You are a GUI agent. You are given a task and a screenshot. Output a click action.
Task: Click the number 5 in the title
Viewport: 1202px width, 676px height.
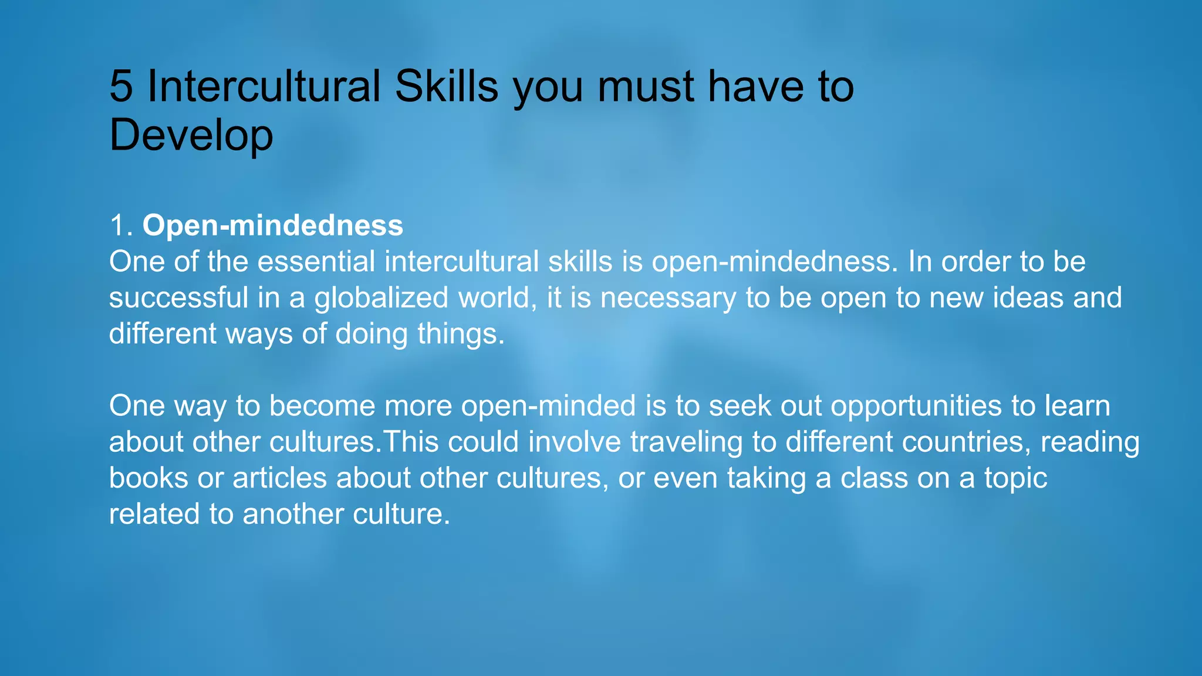pyautogui.click(x=121, y=87)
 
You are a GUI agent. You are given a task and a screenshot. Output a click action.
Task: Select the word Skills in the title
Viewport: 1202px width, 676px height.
pyautogui.click(x=447, y=87)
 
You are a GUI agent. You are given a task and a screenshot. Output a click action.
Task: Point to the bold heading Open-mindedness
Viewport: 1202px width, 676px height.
pyautogui.click(x=273, y=225)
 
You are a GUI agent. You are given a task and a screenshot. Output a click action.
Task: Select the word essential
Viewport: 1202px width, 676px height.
pyautogui.click(x=316, y=262)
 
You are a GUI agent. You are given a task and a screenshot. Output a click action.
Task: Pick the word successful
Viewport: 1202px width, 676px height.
pyautogui.click(x=178, y=298)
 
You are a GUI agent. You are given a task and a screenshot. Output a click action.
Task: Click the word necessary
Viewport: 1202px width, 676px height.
pyautogui.click(x=668, y=298)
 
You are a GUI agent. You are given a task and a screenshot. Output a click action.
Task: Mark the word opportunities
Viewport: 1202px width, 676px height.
pyautogui.click(x=916, y=406)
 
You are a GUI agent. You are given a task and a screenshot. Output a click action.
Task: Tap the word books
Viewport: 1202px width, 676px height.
pyautogui.click(x=148, y=478)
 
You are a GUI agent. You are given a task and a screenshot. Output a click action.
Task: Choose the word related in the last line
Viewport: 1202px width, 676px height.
pyautogui.click(x=154, y=514)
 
